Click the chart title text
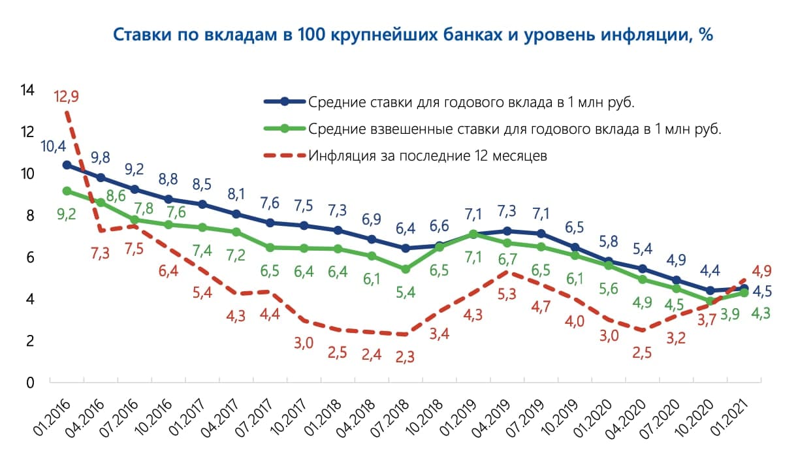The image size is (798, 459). (413, 35)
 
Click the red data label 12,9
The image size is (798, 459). (67, 97)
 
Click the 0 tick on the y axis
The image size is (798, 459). (29, 383)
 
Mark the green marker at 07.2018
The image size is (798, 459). (405, 269)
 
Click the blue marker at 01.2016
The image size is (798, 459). (67, 165)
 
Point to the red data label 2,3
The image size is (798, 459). (406, 356)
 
